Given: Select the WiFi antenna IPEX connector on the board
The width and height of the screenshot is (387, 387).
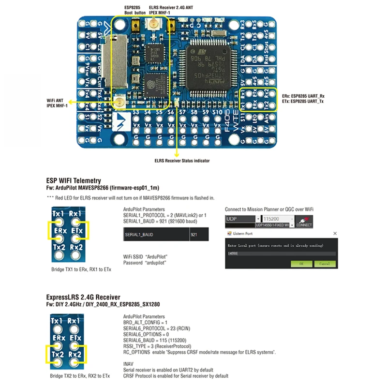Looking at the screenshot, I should [x=119, y=102].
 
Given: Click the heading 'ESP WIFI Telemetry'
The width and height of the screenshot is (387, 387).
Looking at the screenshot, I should [x=74, y=179].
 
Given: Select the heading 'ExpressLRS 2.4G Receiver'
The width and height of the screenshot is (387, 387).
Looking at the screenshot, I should [x=83, y=297].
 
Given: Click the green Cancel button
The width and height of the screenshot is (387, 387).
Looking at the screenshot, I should [x=325, y=264].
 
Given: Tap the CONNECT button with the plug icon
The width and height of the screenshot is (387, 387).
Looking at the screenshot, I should [x=304, y=221].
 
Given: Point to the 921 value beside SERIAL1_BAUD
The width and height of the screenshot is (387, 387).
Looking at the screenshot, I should [x=194, y=234].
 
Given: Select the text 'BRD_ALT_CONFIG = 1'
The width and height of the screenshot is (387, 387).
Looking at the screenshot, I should [x=146, y=322].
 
